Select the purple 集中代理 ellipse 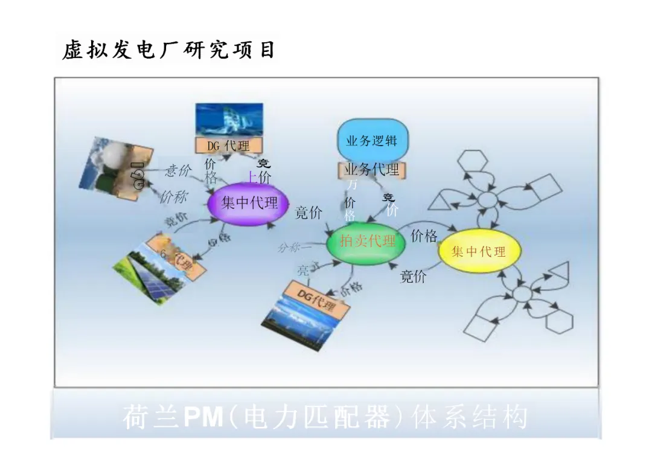248,203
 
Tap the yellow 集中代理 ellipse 479,251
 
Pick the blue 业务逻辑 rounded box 371,141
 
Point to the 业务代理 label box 371,170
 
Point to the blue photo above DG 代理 229,120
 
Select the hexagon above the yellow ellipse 472,160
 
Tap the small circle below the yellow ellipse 521,295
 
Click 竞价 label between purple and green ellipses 308,213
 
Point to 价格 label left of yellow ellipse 423,236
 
